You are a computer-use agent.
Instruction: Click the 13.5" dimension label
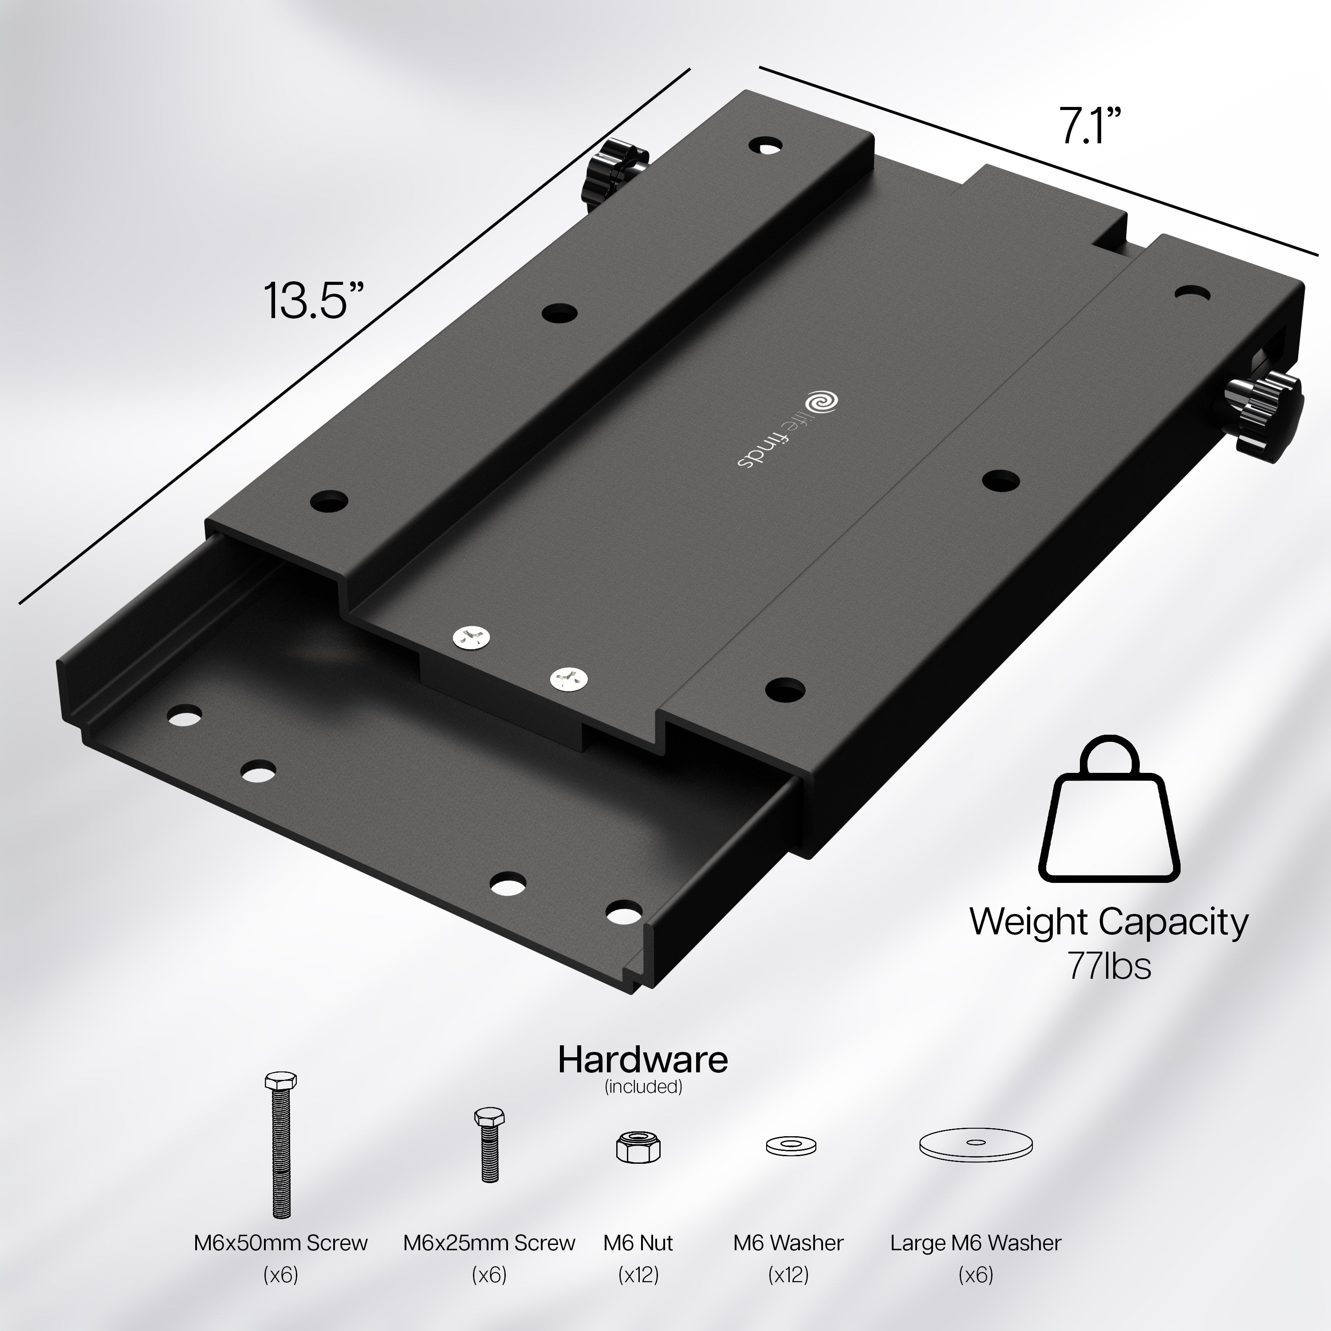[x=314, y=301]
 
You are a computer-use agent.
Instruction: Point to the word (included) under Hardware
[x=643, y=1087]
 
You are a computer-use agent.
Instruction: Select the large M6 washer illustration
[x=976, y=1144]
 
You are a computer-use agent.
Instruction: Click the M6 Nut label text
[x=638, y=1242]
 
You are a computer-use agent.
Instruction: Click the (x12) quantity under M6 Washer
[x=788, y=1275]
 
